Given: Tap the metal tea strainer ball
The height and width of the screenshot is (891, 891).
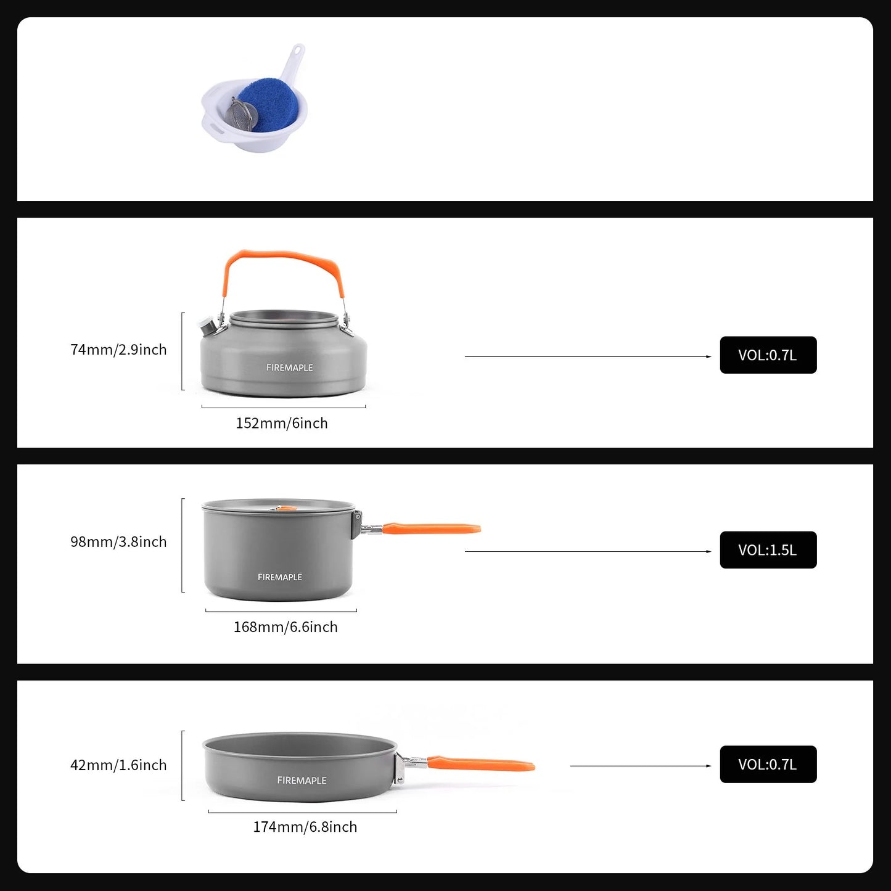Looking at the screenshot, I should (241, 115).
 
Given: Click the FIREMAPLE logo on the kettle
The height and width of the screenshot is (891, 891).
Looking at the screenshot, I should (289, 367).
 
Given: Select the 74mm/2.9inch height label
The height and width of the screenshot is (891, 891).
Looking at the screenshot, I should (118, 350).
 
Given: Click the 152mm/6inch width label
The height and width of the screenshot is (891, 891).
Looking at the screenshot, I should (282, 423).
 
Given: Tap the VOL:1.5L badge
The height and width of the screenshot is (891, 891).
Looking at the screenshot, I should (768, 550).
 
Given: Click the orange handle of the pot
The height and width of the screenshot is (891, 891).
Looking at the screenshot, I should (432, 528).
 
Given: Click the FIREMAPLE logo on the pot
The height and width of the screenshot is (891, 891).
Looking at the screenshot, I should (279, 577).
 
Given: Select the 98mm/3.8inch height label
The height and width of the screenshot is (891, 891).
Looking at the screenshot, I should (118, 542).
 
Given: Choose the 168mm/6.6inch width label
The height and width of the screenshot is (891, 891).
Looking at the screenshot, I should (285, 627).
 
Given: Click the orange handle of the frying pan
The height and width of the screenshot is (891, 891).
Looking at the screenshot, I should (481, 765).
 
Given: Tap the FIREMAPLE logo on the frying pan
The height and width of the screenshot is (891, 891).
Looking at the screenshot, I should (302, 781).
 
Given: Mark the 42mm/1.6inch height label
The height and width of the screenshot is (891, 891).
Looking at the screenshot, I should (118, 765).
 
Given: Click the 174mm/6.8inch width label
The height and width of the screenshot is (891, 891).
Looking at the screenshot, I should (305, 827).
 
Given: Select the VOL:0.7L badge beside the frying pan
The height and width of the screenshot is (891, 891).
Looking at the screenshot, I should (768, 765).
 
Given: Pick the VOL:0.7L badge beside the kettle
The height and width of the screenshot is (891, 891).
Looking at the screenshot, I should (768, 355).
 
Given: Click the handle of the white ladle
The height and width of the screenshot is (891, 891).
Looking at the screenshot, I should (294, 59).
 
